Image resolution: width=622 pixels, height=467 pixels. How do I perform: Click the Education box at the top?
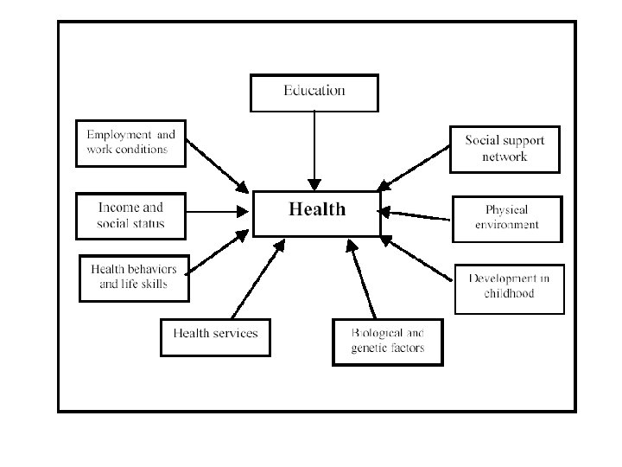[314, 93]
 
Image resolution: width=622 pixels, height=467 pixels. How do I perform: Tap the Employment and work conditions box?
[131, 143]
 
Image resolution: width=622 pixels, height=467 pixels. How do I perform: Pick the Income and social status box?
[131, 216]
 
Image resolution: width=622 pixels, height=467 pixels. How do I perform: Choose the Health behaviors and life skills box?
[134, 278]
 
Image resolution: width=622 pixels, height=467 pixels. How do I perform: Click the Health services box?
[215, 336]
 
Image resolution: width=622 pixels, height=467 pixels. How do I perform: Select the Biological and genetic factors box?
[387, 342]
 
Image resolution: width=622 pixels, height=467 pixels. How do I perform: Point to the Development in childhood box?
[509, 288]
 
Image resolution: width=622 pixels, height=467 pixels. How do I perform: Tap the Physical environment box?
[507, 218]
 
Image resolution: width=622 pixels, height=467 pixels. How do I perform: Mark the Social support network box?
[505, 149]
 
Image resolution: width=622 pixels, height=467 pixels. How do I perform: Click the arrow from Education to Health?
[314, 151]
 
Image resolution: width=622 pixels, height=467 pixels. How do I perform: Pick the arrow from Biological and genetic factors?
[363, 281]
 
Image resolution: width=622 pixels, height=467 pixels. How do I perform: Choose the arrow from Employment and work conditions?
[218, 166]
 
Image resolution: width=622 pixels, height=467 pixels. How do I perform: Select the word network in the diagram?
[505, 157]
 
